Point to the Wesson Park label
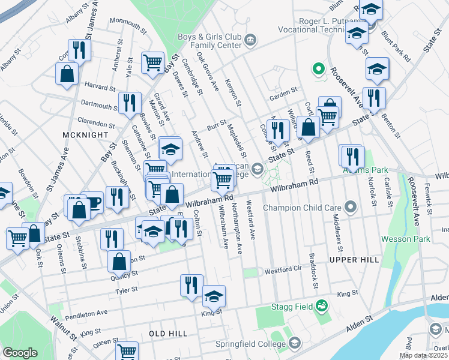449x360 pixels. click(405, 239)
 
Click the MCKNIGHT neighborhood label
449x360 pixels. click(85, 136)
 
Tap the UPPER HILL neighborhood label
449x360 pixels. click(354, 259)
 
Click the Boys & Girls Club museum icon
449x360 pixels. click(250, 40)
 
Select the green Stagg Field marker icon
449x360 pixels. click(322, 306)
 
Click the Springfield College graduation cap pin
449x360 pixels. click(294, 343)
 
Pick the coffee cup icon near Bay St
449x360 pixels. click(92, 202)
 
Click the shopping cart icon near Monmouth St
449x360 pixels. click(152, 62)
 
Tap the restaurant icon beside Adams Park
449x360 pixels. click(352, 156)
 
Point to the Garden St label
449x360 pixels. click(283, 92)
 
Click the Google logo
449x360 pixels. click(20, 353)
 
